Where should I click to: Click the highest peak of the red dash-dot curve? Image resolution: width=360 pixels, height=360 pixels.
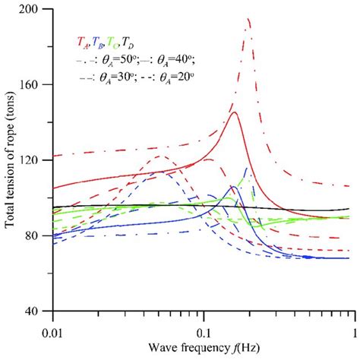coord(248,19)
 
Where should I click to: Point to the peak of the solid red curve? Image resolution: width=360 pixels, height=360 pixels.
coord(235,112)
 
